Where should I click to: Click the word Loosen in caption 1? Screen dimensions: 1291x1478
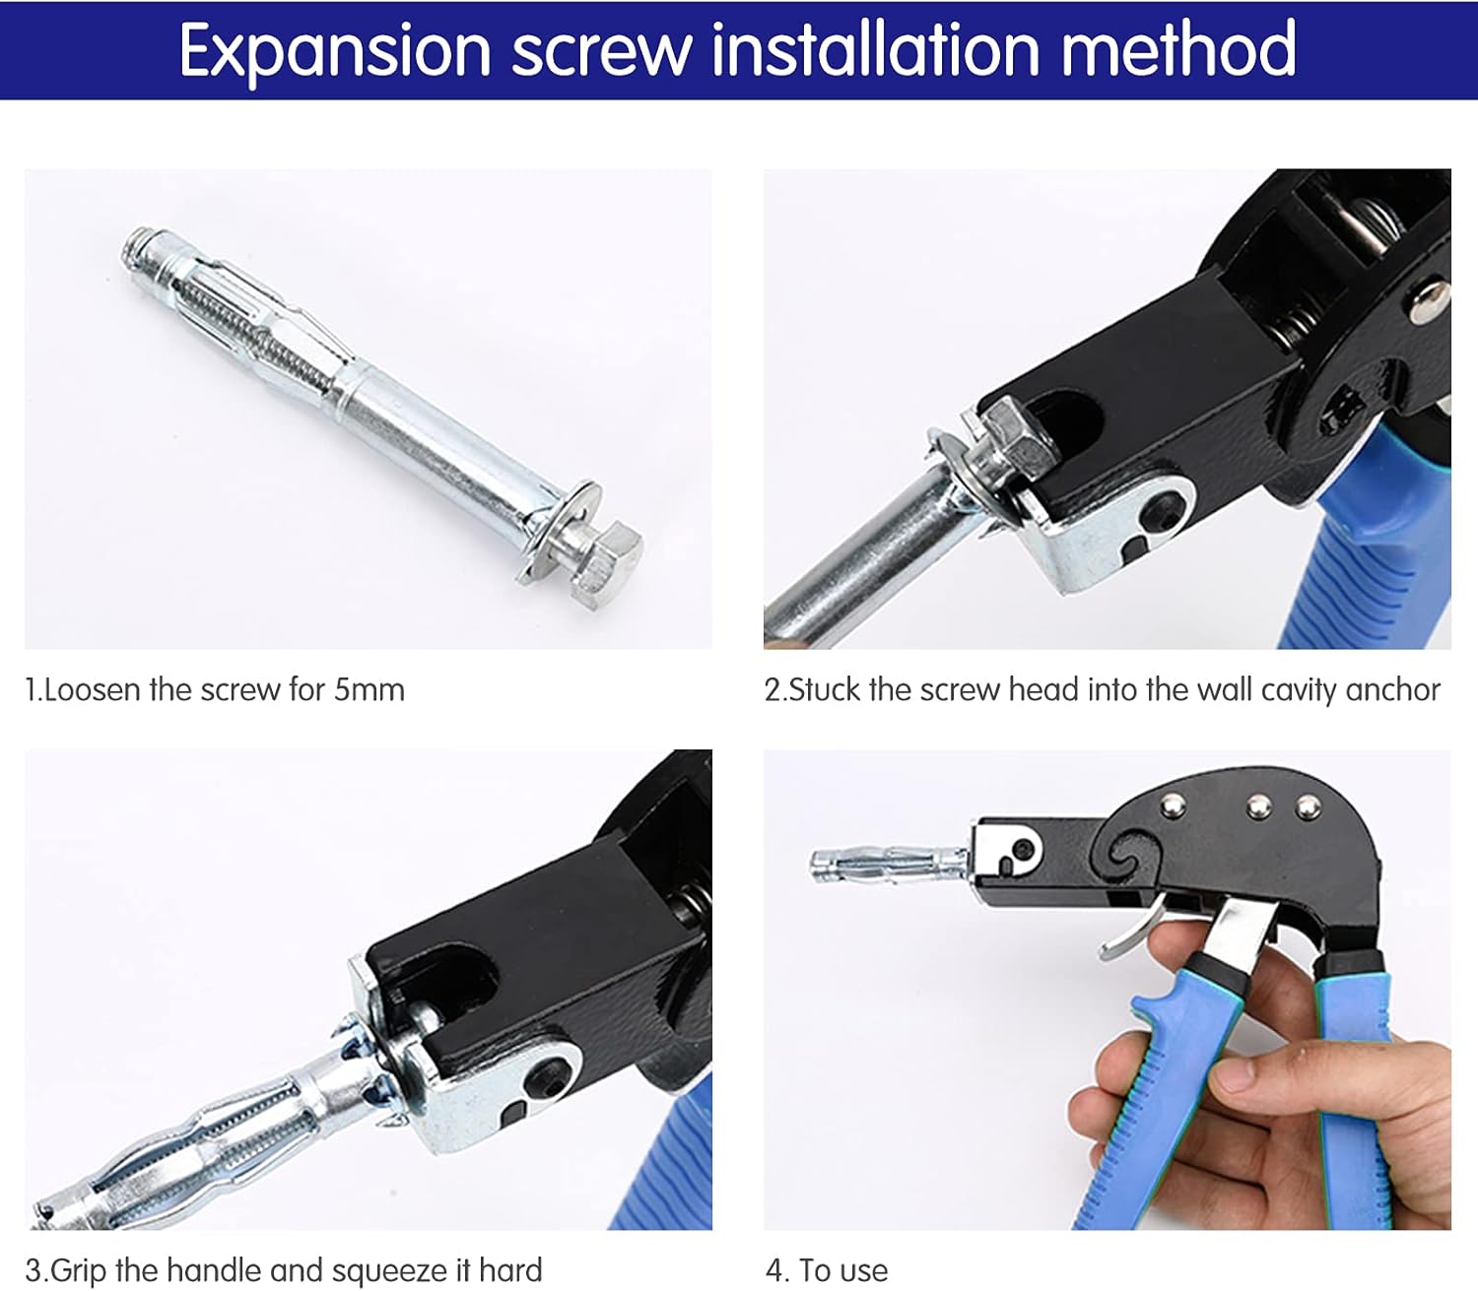pyautogui.click(x=94, y=689)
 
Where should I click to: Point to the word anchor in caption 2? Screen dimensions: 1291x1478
pyautogui.click(x=1391, y=689)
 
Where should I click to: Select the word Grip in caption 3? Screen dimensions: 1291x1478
pyautogui.click(x=78, y=1270)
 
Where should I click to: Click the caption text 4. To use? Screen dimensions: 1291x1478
pyautogui.click(x=827, y=1270)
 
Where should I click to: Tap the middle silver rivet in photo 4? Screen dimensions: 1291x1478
pyautogui.click(x=1257, y=807)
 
